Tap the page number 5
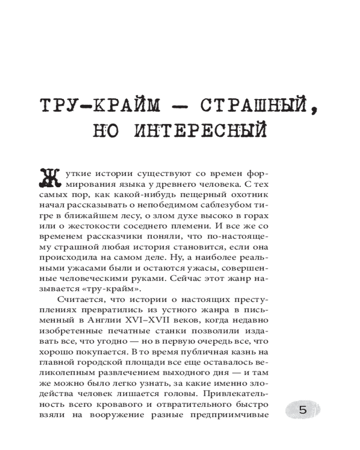302,410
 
